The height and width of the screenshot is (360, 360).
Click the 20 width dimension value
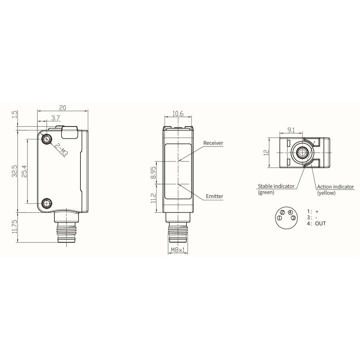pos(63,108)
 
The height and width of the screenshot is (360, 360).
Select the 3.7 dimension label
pos(56,118)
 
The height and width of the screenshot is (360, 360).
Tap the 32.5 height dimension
pos(15,171)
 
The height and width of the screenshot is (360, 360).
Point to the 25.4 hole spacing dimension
pos(24,171)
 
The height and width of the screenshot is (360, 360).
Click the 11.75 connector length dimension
pos(15,227)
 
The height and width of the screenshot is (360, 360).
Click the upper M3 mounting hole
pos(47,139)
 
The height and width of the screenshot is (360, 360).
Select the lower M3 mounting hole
pos(47,203)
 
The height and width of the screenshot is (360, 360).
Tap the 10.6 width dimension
pos(178,114)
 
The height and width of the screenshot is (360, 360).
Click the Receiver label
pos(213,143)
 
